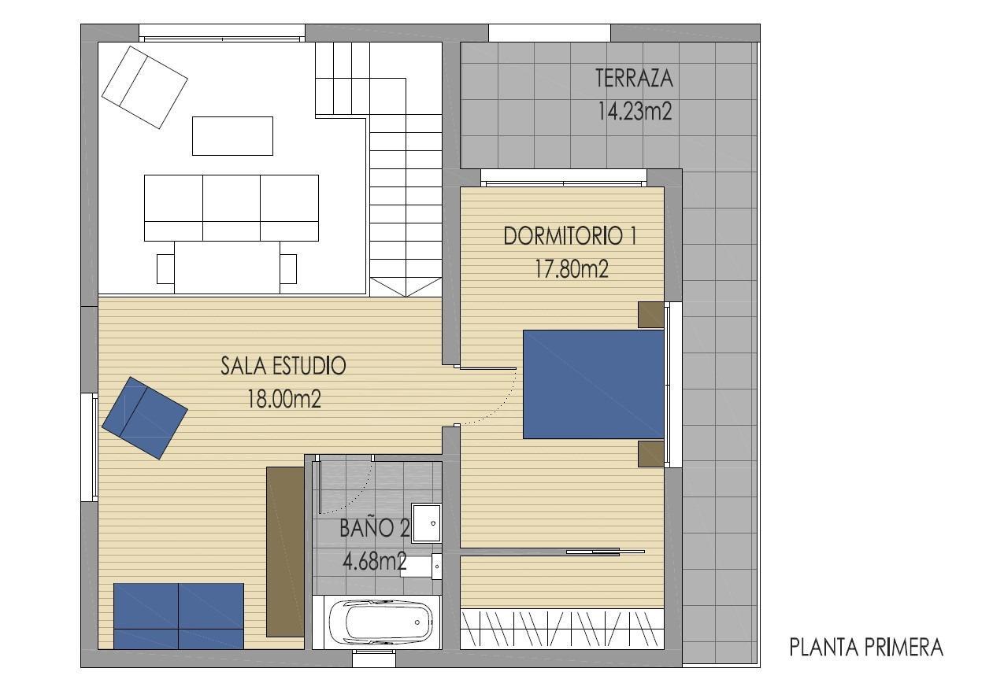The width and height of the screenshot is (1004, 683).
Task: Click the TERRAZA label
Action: pos(634,79)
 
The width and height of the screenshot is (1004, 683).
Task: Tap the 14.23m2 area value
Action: pos(634,111)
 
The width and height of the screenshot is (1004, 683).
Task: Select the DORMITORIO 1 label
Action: pos(570,236)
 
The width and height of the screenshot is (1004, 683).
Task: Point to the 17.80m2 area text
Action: pos(572,269)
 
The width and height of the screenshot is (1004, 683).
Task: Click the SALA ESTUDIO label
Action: pos(283,366)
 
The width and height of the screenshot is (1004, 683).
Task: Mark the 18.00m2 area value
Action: pos(283,399)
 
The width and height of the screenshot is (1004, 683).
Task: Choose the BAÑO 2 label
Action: pos(374,528)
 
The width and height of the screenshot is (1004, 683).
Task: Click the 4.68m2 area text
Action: pos(374,561)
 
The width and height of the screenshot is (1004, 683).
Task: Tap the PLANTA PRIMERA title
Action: pos(866,648)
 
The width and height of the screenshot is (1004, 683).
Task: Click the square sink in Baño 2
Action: pos(427,522)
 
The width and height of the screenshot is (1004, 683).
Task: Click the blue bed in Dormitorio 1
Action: pos(594,384)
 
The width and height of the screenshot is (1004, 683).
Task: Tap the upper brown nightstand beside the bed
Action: pos(650,315)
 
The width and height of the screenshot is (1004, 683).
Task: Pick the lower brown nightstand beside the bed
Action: pos(650,454)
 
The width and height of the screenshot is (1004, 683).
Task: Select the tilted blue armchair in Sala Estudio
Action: pos(144,417)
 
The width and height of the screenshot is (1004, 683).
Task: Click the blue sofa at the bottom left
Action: pos(179,615)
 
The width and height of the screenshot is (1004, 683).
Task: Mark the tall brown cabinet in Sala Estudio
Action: pos(285,551)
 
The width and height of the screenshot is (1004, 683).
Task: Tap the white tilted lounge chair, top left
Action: pos(144,87)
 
